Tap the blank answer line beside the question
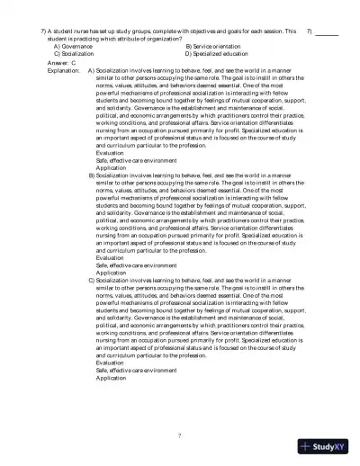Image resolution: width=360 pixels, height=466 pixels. pos(327,33)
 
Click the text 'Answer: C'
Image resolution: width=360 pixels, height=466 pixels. pos(60,63)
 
